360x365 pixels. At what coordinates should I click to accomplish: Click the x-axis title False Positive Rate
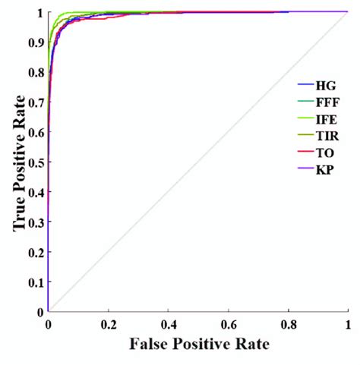197,343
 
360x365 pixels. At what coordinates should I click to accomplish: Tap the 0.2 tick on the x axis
108,323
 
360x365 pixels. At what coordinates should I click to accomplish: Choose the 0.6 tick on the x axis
228,323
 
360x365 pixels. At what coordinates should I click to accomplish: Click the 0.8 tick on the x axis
288,323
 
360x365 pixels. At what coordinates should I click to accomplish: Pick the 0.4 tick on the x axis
168,323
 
